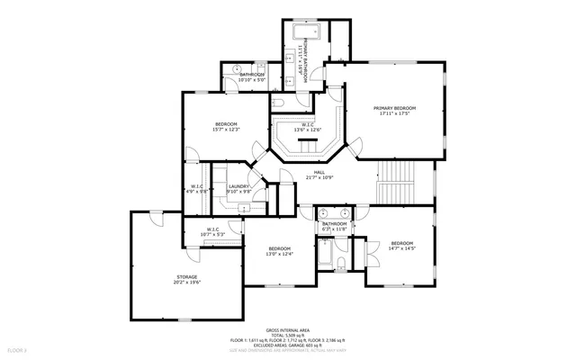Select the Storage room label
(186, 276)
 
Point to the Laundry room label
(238, 186)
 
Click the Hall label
(319, 172)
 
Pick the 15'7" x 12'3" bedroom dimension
(226, 130)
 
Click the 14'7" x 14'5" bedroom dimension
(401, 249)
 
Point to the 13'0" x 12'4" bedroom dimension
(279, 255)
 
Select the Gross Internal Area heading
(288, 330)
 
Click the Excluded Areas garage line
(288, 346)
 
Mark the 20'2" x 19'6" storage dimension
(186, 283)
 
